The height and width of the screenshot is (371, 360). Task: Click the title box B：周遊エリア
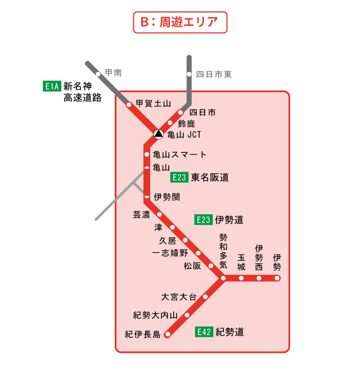179,22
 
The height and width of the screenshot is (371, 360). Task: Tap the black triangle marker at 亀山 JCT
159,134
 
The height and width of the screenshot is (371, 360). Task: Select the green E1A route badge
51,87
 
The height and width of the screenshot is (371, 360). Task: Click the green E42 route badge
204,332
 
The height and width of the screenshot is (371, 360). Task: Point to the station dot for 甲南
98,74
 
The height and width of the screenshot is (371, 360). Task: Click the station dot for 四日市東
190,74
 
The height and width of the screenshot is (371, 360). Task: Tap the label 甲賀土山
153,103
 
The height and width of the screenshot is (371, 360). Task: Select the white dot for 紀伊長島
166,334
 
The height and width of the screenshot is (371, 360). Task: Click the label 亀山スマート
179,155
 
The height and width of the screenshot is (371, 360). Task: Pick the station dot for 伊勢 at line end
277,278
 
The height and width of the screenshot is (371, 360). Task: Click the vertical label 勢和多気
223,251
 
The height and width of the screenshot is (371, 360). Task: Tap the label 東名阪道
210,178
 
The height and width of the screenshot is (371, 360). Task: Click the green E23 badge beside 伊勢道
203,220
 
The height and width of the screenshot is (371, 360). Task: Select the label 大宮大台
178,297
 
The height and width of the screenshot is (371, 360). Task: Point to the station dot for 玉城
241,278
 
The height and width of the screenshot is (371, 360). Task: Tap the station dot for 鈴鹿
170,123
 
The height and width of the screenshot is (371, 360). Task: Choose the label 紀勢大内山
155,315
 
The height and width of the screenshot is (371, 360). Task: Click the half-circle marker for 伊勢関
147,197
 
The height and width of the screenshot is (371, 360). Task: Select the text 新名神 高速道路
82,92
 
